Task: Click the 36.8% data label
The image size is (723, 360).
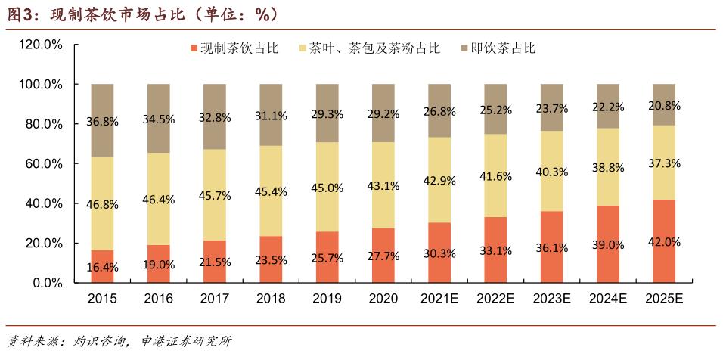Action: (x=101, y=120)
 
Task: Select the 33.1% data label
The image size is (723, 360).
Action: (x=495, y=250)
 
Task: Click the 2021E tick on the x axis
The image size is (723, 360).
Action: (x=439, y=299)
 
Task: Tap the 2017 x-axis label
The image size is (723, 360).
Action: (x=214, y=299)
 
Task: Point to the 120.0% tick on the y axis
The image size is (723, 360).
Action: (x=42, y=45)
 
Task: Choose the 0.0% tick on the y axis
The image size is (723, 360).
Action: (x=48, y=283)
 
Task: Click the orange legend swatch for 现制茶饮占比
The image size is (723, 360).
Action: (x=194, y=49)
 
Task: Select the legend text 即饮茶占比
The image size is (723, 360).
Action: (x=503, y=49)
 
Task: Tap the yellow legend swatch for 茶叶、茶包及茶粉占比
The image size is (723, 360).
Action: (x=303, y=49)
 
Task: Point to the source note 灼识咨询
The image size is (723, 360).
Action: (x=99, y=342)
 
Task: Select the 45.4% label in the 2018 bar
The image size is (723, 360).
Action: (x=271, y=191)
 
